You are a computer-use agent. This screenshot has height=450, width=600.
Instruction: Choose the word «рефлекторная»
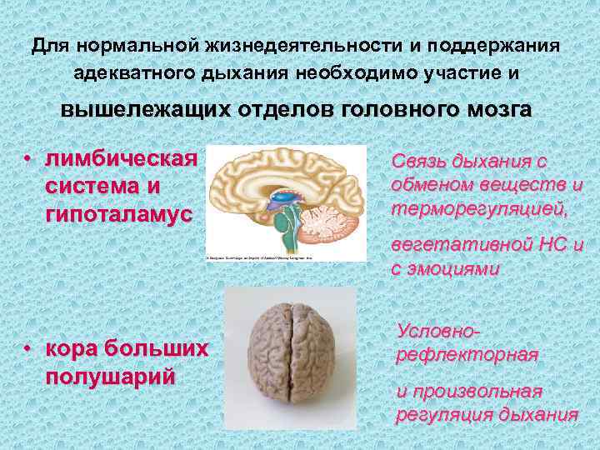[x=466, y=354]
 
